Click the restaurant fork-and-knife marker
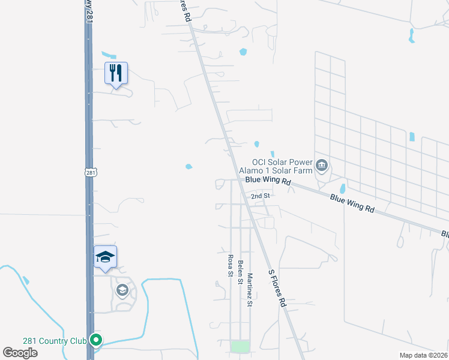pyautogui.click(x=116, y=73)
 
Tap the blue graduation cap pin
pyautogui.click(x=105, y=257)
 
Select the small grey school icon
pyautogui.click(x=122, y=291)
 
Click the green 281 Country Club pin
pyautogui.click(x=96, y=340)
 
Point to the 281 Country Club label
pyautogui.click(x=55, y=341)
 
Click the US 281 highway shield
pyautogui.click(x=90, y=172)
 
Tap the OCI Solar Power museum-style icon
pyautogui.click(x=322, y=165)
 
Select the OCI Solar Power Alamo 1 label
pyautogui.click(x=282, y=166)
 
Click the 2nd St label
pyautogui.click(x=261, y=196)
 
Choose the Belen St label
pyautogui.click(x=240, y=272)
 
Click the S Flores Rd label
pyautogui.click(x=277, y=289)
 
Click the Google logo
pyautogui.click(x=20, y=353)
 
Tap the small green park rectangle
pyautogui.click(x=240, y=346)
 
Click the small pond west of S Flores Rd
pyautogui.click(x=189, y=166)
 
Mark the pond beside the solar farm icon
pyautogui.click(x=343, y=188)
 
